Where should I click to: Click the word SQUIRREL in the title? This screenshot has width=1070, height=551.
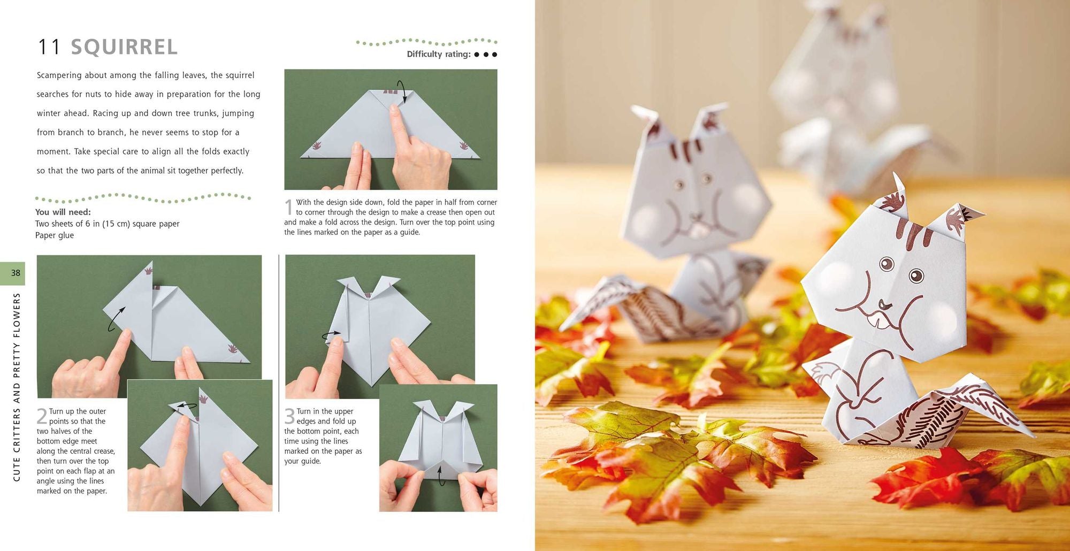tap(124, 47)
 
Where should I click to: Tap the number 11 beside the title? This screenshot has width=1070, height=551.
tap(49, 47)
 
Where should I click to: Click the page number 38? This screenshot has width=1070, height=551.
tap(16, 273)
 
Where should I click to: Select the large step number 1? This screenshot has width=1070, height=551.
tap(289, 207)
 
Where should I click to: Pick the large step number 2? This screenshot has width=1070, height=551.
tap(42, 416)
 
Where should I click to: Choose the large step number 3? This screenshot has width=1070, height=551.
tap(289, 416)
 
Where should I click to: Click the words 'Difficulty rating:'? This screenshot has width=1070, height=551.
tap(439, 54)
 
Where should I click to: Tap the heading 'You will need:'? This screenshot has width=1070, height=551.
tap(63, 212)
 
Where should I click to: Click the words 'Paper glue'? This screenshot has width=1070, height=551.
tap(55, 235)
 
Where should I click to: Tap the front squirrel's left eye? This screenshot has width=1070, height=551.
tap(886, 264)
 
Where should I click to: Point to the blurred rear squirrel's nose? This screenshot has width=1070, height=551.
tap(695, 217)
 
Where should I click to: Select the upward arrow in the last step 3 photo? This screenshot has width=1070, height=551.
tap(441, 475)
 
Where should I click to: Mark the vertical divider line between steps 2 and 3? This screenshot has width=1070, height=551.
tap(279, 382)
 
